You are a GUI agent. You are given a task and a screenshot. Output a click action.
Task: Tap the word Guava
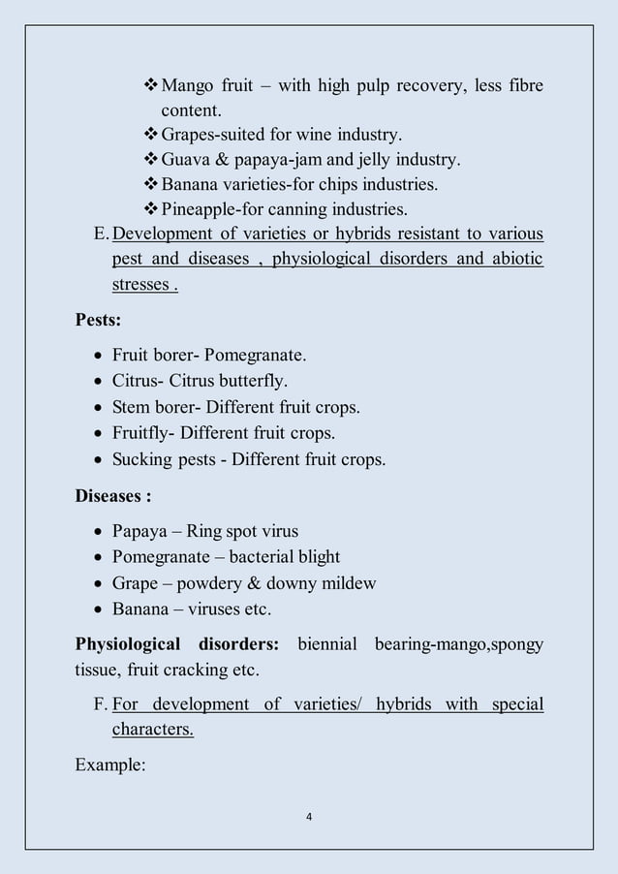(188, 159)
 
